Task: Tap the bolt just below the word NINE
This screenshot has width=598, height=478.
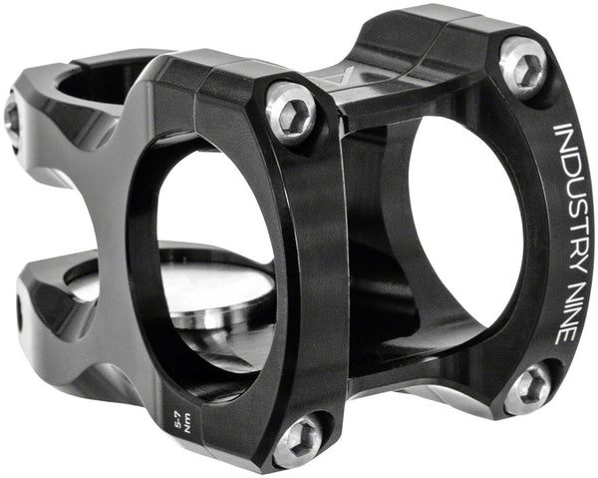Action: (x=527, y=386)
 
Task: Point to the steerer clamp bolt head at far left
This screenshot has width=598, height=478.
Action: (x=12, y=118)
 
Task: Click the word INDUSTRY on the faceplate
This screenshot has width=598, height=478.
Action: (x=565, y=196)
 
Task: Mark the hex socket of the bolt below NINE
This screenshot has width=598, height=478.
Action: (x=527, y=386)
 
